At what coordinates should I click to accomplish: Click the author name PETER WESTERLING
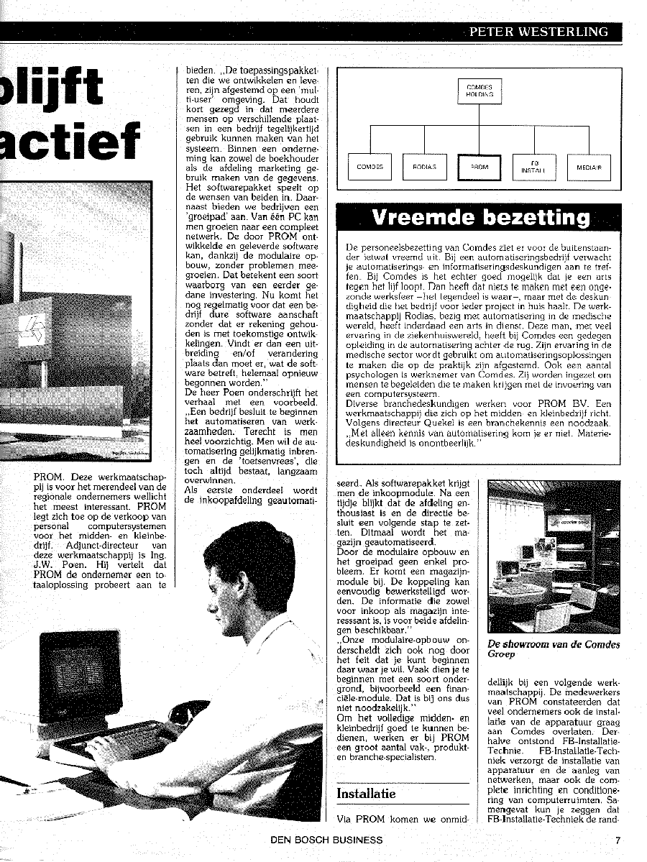[x=538, y=32]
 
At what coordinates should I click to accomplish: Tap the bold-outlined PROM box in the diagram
[x=479, y=167]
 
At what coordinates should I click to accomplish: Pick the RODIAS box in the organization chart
[x=424, y=167]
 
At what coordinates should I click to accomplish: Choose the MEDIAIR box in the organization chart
[x=589, y=167]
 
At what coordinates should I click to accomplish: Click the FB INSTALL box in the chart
[x=534, y=167]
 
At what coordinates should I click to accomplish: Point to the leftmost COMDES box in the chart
[x=370, y=167]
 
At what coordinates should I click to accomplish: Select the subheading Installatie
[x=366, y=794]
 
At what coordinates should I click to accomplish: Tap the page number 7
[x=618, y=840]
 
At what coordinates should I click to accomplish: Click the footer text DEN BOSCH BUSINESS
[x=326, y=840]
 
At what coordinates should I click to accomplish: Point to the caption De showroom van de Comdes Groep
[x=553, y=649]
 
